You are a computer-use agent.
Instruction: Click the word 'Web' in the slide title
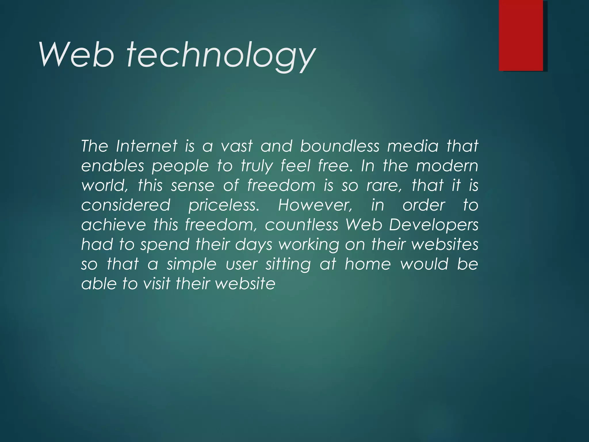[77, 55]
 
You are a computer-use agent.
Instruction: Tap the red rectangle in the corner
[521, 35]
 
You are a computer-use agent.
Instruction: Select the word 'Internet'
[147, 146]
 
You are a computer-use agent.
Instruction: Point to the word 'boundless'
[340, 146]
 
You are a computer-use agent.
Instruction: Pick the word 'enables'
[112, 166]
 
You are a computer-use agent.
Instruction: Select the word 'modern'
[447, 166]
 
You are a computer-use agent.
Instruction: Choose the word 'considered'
[126, 205]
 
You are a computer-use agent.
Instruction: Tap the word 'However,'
[315, 205]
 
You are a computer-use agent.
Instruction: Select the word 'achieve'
[114, 225]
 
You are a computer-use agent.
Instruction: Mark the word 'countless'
[301, 225]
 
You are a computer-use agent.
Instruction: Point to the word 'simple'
[191, 264]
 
